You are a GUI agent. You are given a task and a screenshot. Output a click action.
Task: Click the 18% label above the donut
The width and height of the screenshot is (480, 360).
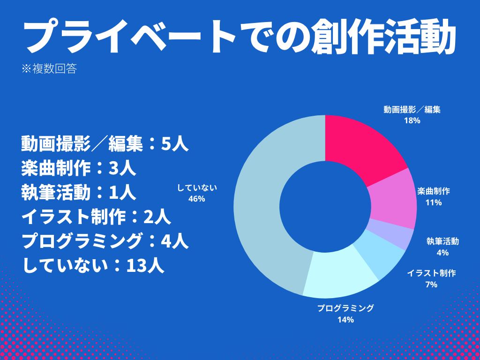click(412, 120)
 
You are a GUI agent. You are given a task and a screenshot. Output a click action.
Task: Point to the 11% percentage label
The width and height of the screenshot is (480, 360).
click(434, 202)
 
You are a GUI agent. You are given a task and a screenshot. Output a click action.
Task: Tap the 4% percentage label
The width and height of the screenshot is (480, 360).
click(442, 253)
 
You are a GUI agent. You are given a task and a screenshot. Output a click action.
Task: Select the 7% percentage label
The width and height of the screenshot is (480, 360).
click(431, 284)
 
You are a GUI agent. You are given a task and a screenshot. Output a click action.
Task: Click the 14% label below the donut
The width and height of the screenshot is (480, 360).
click(345, 320)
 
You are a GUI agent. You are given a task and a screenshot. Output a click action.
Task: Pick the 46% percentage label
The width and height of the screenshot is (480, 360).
click(197, 199)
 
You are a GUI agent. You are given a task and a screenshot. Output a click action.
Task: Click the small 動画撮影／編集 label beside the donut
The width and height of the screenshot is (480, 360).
click(412, 110)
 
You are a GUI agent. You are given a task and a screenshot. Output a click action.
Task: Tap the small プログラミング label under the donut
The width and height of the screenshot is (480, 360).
click(345, 308)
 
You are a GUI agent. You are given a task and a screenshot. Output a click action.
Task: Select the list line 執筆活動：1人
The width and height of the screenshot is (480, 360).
click(79, 193)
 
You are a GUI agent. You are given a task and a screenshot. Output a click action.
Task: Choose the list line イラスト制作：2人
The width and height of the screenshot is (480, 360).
click(96, 217)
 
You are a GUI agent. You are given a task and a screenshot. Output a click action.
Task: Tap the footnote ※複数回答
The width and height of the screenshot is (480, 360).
click(49, 69)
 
